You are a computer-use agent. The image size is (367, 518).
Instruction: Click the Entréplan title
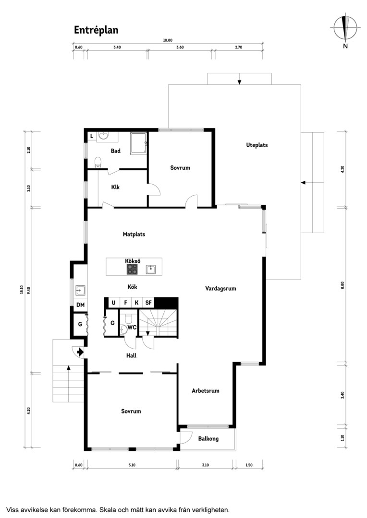pos(96,30)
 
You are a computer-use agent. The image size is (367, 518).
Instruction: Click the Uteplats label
pos(257,145)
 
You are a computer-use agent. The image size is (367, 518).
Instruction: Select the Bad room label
pos(115,151)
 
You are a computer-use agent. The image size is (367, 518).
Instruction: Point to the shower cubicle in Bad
pos(139,143)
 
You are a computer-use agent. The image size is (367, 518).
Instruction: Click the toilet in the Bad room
pos(98,163)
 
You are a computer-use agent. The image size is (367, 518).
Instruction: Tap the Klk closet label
pos(115,187)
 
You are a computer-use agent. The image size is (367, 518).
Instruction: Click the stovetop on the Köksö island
pos(133,269)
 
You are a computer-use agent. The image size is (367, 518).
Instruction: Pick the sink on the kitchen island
pos(151,269)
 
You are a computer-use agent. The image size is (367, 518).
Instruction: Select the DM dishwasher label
pos(80,305)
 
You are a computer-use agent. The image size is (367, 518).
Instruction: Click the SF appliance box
pos(148,302)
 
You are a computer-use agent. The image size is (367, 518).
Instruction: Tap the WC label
pos(132,328)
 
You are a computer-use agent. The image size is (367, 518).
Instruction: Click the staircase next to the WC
pos(158,323)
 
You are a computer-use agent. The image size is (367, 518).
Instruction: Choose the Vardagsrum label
pos(221,288)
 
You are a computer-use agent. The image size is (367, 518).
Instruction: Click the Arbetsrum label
pos(206,391)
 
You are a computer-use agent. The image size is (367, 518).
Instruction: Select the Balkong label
pos(208,439)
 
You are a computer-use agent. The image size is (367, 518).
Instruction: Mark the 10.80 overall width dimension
pos(168,40)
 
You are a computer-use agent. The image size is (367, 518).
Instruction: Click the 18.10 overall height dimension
pos(22,289)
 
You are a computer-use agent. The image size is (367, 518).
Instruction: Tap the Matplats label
pos(134,234)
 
